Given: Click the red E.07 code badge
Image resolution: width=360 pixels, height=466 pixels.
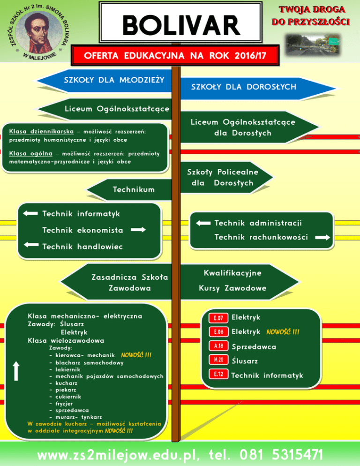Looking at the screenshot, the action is click(218, 318).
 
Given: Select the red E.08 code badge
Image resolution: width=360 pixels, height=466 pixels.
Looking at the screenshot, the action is click(218, 332).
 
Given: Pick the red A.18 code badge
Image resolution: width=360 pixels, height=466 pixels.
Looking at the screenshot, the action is click(218, 346).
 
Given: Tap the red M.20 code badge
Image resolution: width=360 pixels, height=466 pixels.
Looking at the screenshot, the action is click(218, 360).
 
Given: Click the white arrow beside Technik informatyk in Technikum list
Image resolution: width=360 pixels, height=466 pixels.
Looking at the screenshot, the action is click(30, 214).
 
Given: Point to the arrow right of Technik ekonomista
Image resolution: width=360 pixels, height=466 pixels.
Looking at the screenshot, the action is click(138, 230).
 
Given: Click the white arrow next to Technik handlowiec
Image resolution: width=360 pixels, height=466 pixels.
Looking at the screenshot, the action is click(30, 245).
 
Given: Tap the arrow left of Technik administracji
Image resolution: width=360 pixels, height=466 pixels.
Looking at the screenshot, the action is click(203, 223).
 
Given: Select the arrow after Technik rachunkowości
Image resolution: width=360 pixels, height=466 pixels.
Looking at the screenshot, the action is click(322, 238).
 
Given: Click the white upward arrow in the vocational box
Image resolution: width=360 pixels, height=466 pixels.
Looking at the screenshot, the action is click(16, 370).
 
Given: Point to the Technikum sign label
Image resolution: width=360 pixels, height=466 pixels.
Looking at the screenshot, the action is click(134, 189).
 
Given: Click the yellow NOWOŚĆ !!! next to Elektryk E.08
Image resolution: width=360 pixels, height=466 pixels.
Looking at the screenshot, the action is click(283, 332).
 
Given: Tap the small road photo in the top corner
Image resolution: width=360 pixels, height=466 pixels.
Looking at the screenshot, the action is click(315, 45).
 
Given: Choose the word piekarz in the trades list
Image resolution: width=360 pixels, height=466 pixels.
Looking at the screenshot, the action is click(66, 389).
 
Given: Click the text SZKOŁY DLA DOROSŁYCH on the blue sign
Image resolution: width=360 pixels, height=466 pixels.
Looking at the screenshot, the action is click(243, 87).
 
